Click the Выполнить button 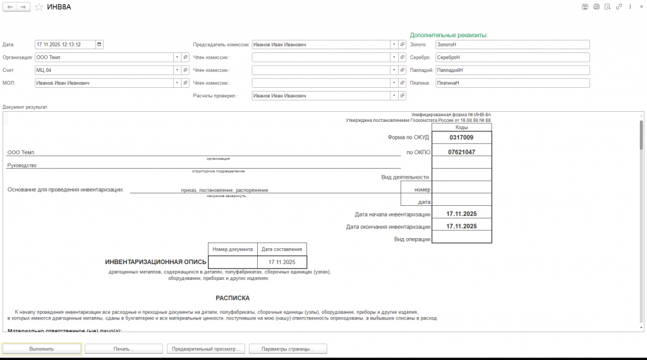(42, 349)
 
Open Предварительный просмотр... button (205, 349)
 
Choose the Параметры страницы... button (287, 349)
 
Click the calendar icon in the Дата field (99, 45)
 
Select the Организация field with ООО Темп (104, 57)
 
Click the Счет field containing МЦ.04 (104, 70)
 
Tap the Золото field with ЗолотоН (511, 45)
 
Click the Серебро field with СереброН (511, 57)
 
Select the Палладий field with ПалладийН (511, 70)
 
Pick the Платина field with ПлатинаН (511, 83)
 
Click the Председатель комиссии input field (320, 45)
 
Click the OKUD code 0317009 (461, 137)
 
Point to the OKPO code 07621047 (461, 152)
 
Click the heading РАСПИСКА (233, 298)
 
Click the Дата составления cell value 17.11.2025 (282, 261)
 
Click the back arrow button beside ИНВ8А (10, 6)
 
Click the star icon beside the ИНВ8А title (39, 6)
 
